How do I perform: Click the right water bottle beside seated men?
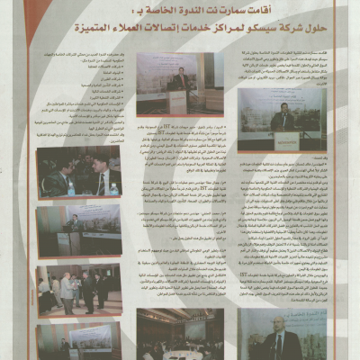click(113, 188)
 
